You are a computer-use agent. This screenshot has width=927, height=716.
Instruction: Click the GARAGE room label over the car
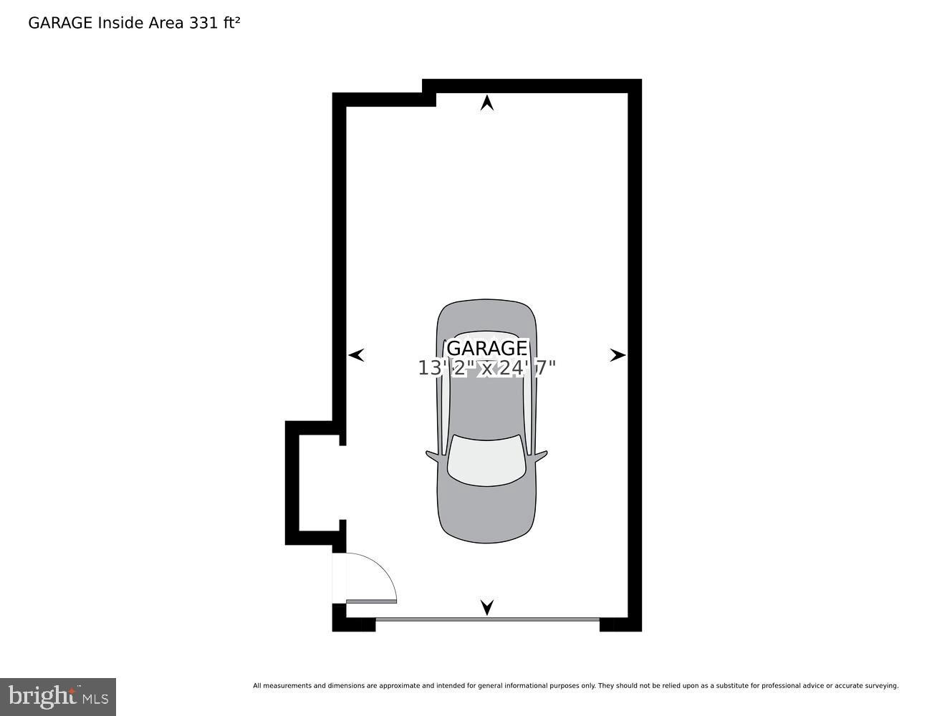pyautogui.click(x=487, y=348)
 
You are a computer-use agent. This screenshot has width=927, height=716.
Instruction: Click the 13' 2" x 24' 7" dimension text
pyautogui.click(x=487, y=368)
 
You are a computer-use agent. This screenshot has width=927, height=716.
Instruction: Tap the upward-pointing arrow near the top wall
pyautogui.click(x=487, y=103)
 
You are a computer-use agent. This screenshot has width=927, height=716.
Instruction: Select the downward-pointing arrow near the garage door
pyautogui.click(x=487, y=607)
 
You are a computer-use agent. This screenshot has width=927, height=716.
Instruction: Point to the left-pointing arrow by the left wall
pyautogui.click(x=356, y=354)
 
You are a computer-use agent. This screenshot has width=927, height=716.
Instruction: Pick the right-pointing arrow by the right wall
pyautogui.click(x=618, y=354)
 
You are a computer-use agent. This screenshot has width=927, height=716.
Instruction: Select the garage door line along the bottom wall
pyautogui.click(x=487, y=619)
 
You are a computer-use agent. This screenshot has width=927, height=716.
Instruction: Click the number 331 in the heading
pyautogui.click(x=202, y=23)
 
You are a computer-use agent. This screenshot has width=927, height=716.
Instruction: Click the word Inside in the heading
pyautogui.click(x=120, y=23)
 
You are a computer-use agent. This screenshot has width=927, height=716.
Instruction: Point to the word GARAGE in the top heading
pyautogui.click(x=60, y=23)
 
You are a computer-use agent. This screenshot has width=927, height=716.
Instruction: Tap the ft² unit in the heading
pyautogui.click(x=231, y=23)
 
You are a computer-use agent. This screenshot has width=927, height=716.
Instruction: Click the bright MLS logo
pyautogui.click(x=58, y=697)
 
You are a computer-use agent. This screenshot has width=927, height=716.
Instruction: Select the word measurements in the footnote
pyautogui.click(x=287, y=686)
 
